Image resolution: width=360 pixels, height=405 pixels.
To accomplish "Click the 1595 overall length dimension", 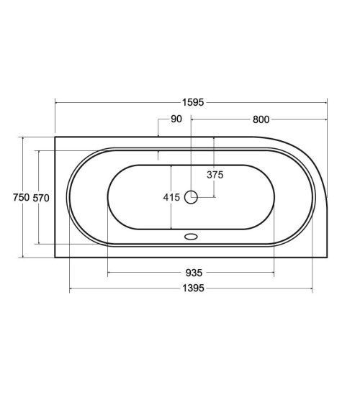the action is pyautogui.click(x=193, y=103).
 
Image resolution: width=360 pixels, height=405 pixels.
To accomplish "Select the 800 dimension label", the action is pyautogui.click(x=261, y=119).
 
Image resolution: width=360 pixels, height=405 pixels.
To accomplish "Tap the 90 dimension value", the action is pyautogui.click(x=176, y=119).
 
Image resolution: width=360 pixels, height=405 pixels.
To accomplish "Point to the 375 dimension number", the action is pyautogui.click(x=215, y=175).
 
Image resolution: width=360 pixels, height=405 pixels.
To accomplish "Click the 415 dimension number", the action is pyautogui.click(x=171, y=198).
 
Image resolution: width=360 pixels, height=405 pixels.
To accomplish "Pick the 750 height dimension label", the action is pyautogui.click(x=21, y=198).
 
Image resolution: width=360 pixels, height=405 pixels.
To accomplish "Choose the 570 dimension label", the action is pyautogui.click(x=41, y=198).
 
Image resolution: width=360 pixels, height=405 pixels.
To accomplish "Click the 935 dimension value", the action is pyautogui.click(x=194, y=273).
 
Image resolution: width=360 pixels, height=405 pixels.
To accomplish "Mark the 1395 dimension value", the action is pyautogui.click(x=193, y=288).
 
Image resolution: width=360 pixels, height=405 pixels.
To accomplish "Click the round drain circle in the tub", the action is pyautogui.click(x=191, y=197).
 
